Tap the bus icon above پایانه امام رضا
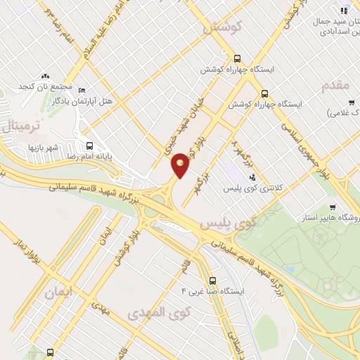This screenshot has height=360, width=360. tap(89, 146)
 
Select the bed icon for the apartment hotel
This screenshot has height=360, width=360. tap(82, 91)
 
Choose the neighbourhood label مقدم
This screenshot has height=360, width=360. tap(335, 85)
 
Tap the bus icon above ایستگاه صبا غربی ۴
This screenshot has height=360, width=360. tap(212, 280)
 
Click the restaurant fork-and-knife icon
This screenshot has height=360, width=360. tap(344, 10)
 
